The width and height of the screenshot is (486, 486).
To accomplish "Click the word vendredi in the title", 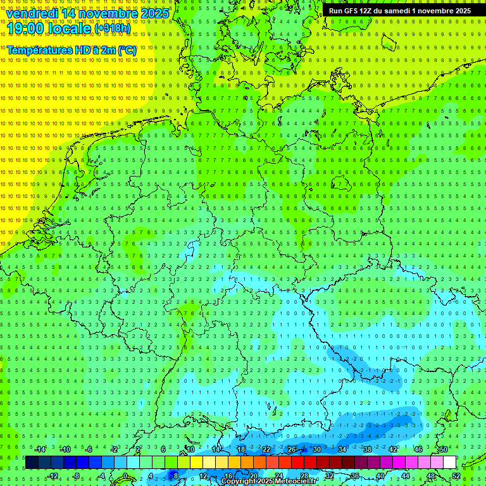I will [32, 13].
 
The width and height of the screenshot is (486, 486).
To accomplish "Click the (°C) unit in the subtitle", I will [127, 49].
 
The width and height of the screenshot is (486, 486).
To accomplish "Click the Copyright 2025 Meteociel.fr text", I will [269, 482].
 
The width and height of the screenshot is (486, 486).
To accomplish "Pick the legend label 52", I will [456, 476].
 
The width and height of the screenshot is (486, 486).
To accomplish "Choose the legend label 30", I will [317, 449].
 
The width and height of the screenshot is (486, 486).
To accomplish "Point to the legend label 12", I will [203, 476].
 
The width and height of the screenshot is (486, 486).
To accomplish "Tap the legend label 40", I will [380, 476].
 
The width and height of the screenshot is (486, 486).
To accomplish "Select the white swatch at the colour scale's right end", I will [449, 463].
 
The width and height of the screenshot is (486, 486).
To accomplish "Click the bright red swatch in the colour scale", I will [297, 463].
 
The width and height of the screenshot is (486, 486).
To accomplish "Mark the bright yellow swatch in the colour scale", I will [196, 463].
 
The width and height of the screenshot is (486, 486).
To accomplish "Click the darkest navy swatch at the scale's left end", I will [32, 463].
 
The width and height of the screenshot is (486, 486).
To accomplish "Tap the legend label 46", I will [418, 449].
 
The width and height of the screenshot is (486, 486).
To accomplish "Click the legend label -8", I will [76, 476].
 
